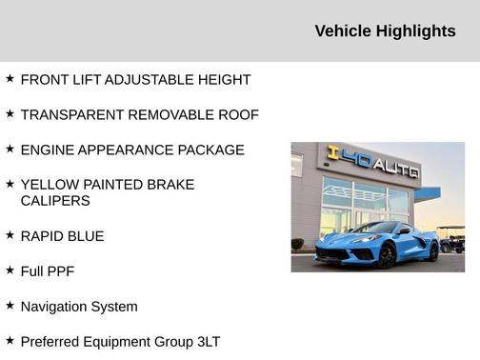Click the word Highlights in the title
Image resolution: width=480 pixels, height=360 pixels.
click(416, 31)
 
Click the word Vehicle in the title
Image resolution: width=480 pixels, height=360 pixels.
click(343, 31)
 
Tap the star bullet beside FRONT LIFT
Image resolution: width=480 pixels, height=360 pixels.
click(10, 78)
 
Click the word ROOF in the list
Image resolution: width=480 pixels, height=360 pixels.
click(239, 115)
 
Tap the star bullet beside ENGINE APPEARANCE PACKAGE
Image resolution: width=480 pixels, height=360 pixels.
click(10, 149)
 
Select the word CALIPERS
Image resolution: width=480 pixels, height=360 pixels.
click(55, 201)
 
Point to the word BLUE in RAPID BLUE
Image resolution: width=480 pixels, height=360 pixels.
click(85, 236)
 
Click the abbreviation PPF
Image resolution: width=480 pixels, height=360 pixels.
click(57, 271)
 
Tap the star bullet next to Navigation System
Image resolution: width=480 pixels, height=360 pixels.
click(10, 305)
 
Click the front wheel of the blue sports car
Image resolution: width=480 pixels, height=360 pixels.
click(388, 254)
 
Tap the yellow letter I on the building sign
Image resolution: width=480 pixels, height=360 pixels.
click(333, 151)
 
